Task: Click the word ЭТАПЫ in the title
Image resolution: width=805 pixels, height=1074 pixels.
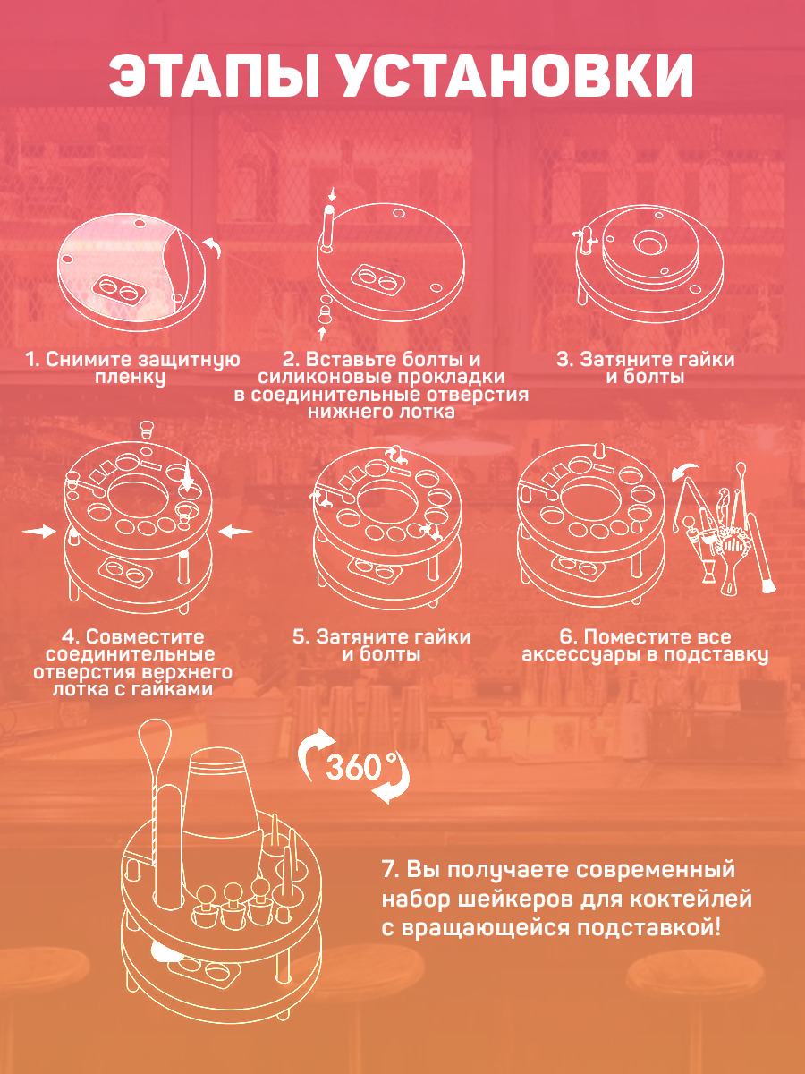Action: tap(215, 75)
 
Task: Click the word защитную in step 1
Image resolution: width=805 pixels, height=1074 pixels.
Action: tap(189, 361)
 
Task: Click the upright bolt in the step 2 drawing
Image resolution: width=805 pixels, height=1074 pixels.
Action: tap(328, 229)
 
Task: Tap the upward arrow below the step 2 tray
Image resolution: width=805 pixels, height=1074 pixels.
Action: tap(322, 334)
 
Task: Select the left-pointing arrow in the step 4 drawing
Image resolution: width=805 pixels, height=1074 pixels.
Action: tap(235, 531)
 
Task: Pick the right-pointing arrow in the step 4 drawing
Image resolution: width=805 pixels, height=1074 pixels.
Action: tap(39, 531)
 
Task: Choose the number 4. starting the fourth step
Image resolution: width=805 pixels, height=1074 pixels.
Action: tap(70, 637)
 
